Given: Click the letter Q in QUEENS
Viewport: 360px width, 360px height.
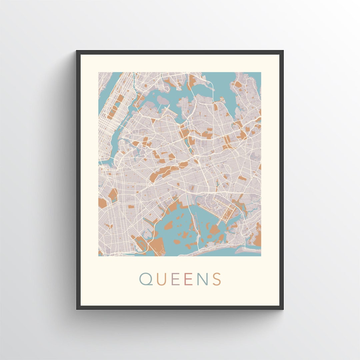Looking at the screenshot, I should tap(146, 279).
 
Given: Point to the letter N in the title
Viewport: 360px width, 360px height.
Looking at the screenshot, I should tap(202, 279).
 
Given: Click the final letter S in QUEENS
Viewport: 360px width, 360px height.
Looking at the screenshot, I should tap(217, 279).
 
